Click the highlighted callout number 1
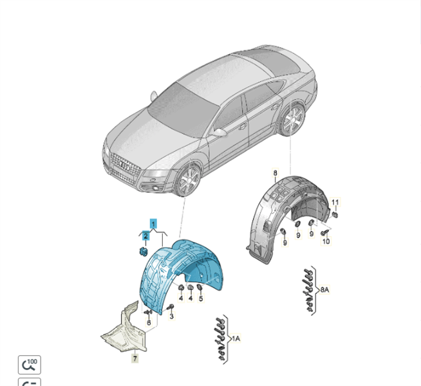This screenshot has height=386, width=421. (x=153, y=224)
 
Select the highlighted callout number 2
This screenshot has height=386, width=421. (x=145, y=236)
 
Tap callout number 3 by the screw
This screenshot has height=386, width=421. (x=172, y=316)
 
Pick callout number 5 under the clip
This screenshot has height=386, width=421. (x=201, y=298)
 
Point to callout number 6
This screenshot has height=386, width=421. (x=149, y=322)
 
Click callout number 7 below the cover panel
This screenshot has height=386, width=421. (x=135, y=358)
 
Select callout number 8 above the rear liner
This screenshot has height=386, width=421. (x=276, y=173)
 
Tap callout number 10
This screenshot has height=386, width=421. (x=326, y=241)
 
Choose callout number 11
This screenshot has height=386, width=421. (x=335, y=202)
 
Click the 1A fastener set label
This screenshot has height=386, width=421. (x=236, y=339)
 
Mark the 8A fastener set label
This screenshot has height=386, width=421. (x=324, y=289)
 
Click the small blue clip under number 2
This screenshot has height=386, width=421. (x=144, y=252)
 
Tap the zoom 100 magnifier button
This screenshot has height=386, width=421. (x=30, y=365)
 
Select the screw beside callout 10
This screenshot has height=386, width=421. (x=324, y=233)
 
